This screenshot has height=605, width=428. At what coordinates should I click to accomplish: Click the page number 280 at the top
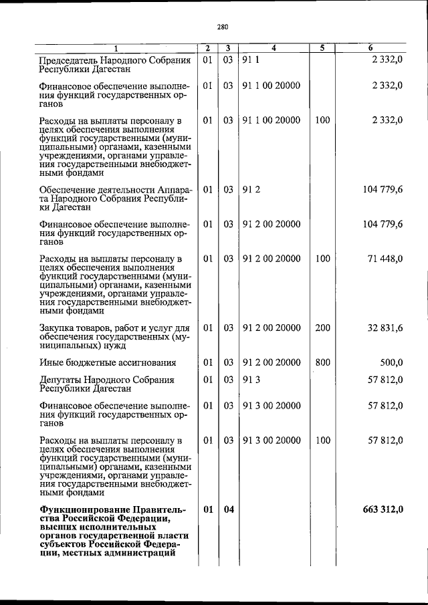pos(223,27)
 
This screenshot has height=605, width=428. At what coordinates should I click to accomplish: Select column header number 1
pos(115,48)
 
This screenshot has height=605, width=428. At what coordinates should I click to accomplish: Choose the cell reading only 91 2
pos(252,190)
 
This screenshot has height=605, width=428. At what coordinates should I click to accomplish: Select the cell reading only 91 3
pos(252,380)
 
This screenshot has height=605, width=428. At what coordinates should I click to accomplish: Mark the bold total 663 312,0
pos(383,510)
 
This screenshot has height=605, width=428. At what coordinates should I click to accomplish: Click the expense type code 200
pos(322,328)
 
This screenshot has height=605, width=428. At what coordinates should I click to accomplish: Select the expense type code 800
pos(322,363)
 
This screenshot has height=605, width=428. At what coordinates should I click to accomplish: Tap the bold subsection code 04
pos(229,510)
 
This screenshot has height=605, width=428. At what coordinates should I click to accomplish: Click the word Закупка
pos(58,328)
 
